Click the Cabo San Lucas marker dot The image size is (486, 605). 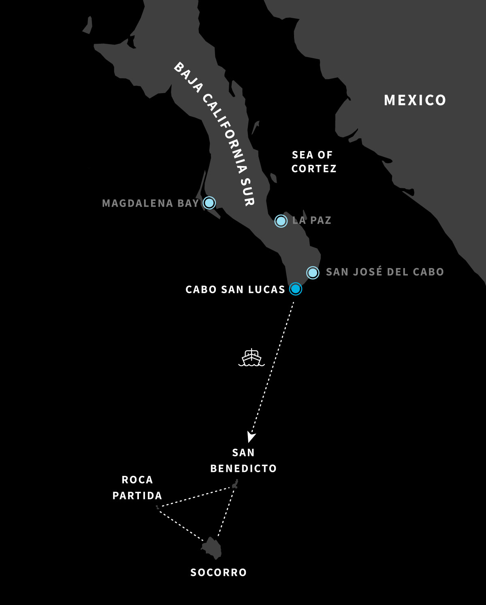pos(296,289)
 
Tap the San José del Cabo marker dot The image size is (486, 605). pos(313,273)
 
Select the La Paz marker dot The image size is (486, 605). pos(281,221)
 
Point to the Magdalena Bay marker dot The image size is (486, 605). pos(209,202)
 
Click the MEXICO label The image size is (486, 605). pos(415,100)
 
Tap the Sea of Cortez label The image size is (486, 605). pos(313,162)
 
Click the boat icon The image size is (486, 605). pos(251,358)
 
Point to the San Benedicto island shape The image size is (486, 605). pos(235,484)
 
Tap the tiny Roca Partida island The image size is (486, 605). pos(157,507)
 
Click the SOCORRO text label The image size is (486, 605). pos(218,572)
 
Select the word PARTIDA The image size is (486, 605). pos(137,495)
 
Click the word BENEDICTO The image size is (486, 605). pos(243,468)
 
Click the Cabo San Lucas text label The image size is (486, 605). pos(235,290)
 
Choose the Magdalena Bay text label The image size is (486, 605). pos(150,203)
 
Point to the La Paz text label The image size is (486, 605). pos(312,220)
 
